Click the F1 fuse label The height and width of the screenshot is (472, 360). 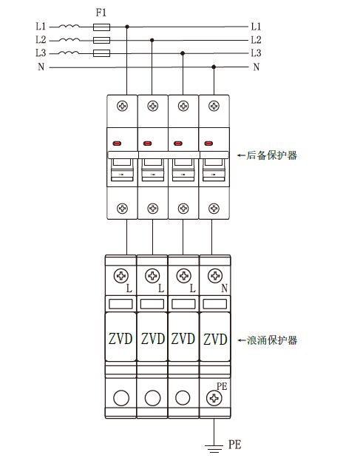[x=102, y=13]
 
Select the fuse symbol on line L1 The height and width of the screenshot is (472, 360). [x=103, y=26]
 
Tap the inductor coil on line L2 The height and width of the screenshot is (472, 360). [x=69, y=39]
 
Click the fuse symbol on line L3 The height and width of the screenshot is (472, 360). [x=103, y=53]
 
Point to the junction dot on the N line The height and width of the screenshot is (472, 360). [x=214, y=67]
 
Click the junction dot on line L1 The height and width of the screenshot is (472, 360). [x=128, y=26]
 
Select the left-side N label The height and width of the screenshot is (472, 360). [x=40, y=67]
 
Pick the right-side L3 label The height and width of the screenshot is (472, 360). [x=256, y=53]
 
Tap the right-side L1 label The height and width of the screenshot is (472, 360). [x=256, y=26]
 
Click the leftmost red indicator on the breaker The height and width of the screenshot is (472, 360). [x=117, y=143]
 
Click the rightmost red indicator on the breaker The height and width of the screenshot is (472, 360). [x=209, y=143]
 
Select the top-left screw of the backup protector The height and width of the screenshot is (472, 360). [x=122, y=107]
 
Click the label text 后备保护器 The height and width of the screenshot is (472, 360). [x=271, y=156]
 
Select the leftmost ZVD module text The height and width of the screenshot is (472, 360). [x=121, y=339]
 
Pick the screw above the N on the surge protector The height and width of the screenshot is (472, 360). [x=214, y=276]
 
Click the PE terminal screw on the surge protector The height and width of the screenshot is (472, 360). [x=214, y=398]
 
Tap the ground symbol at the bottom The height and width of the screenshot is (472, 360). [x=214, y=447]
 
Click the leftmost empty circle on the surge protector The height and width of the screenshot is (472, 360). [x=121, y=398]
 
